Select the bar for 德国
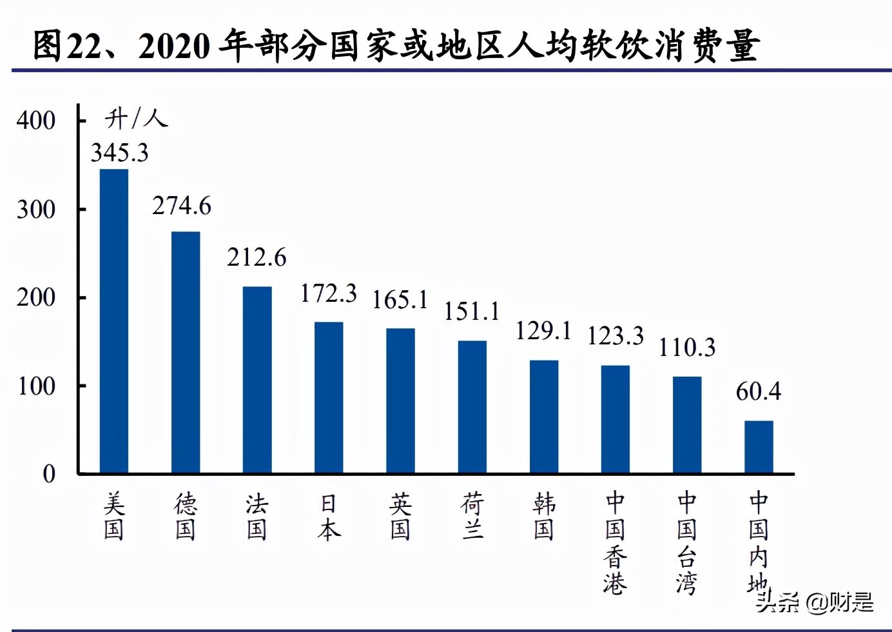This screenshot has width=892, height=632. click(x=186, y=353)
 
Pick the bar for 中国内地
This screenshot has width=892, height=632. click(x=759, y=447)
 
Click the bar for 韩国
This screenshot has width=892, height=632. click(x=544, y=417)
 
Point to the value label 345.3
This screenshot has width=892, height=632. click(x=119, y=153)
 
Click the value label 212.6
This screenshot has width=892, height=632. click(x=257, y=257)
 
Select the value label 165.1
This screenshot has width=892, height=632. click(x=400, y=300)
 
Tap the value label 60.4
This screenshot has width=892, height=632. click(x=759, y=391)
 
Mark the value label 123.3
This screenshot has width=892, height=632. click(x=616, y=336)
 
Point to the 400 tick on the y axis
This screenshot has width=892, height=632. click(x=36, y=121)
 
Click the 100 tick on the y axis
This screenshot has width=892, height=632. click(x=36, y=386)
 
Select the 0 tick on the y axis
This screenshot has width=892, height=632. click(x=49, y=474)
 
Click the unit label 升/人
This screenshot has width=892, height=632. click(x=136, y=118)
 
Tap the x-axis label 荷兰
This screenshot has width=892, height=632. click(x=472, y=516)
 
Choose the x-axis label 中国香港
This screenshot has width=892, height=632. click(x=616, y=543)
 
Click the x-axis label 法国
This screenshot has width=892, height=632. click(x=257, y=516)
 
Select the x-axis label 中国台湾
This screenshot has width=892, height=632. click(x=687, y=543)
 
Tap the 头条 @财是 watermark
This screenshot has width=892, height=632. click(x=815, y=602)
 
